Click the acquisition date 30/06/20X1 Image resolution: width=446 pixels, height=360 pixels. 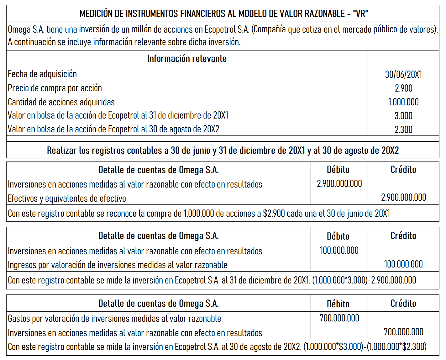(403, 74)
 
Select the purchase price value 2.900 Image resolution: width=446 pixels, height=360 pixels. (403, 88)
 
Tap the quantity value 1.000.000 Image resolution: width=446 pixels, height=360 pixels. (403, 102)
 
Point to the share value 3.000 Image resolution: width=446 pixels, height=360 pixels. (403, 116)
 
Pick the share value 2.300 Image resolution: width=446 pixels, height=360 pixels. (403, 130)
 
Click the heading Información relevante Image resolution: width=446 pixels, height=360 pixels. (187, 59)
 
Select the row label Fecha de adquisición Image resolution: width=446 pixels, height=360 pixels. (42, 74)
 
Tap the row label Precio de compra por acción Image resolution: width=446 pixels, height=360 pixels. (55, 88)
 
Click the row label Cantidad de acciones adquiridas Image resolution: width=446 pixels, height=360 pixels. (61, 102)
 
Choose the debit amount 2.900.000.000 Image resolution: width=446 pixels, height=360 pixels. (339, 184)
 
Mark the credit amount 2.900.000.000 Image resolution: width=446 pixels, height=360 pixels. (403, 198)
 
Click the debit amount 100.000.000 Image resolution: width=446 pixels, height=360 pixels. (339, 251)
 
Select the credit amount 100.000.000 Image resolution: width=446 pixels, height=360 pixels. (403, 264)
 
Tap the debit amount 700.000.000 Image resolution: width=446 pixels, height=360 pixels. (339, 318)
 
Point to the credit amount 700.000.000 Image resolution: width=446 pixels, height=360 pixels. (403, 332)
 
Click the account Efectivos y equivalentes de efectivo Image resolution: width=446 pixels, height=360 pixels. (67, 199)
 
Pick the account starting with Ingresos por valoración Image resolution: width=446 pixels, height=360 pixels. (118, 265)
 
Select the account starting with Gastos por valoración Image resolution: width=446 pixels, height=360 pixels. (114, 319)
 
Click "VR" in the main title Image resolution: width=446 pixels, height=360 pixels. (360, 13)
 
